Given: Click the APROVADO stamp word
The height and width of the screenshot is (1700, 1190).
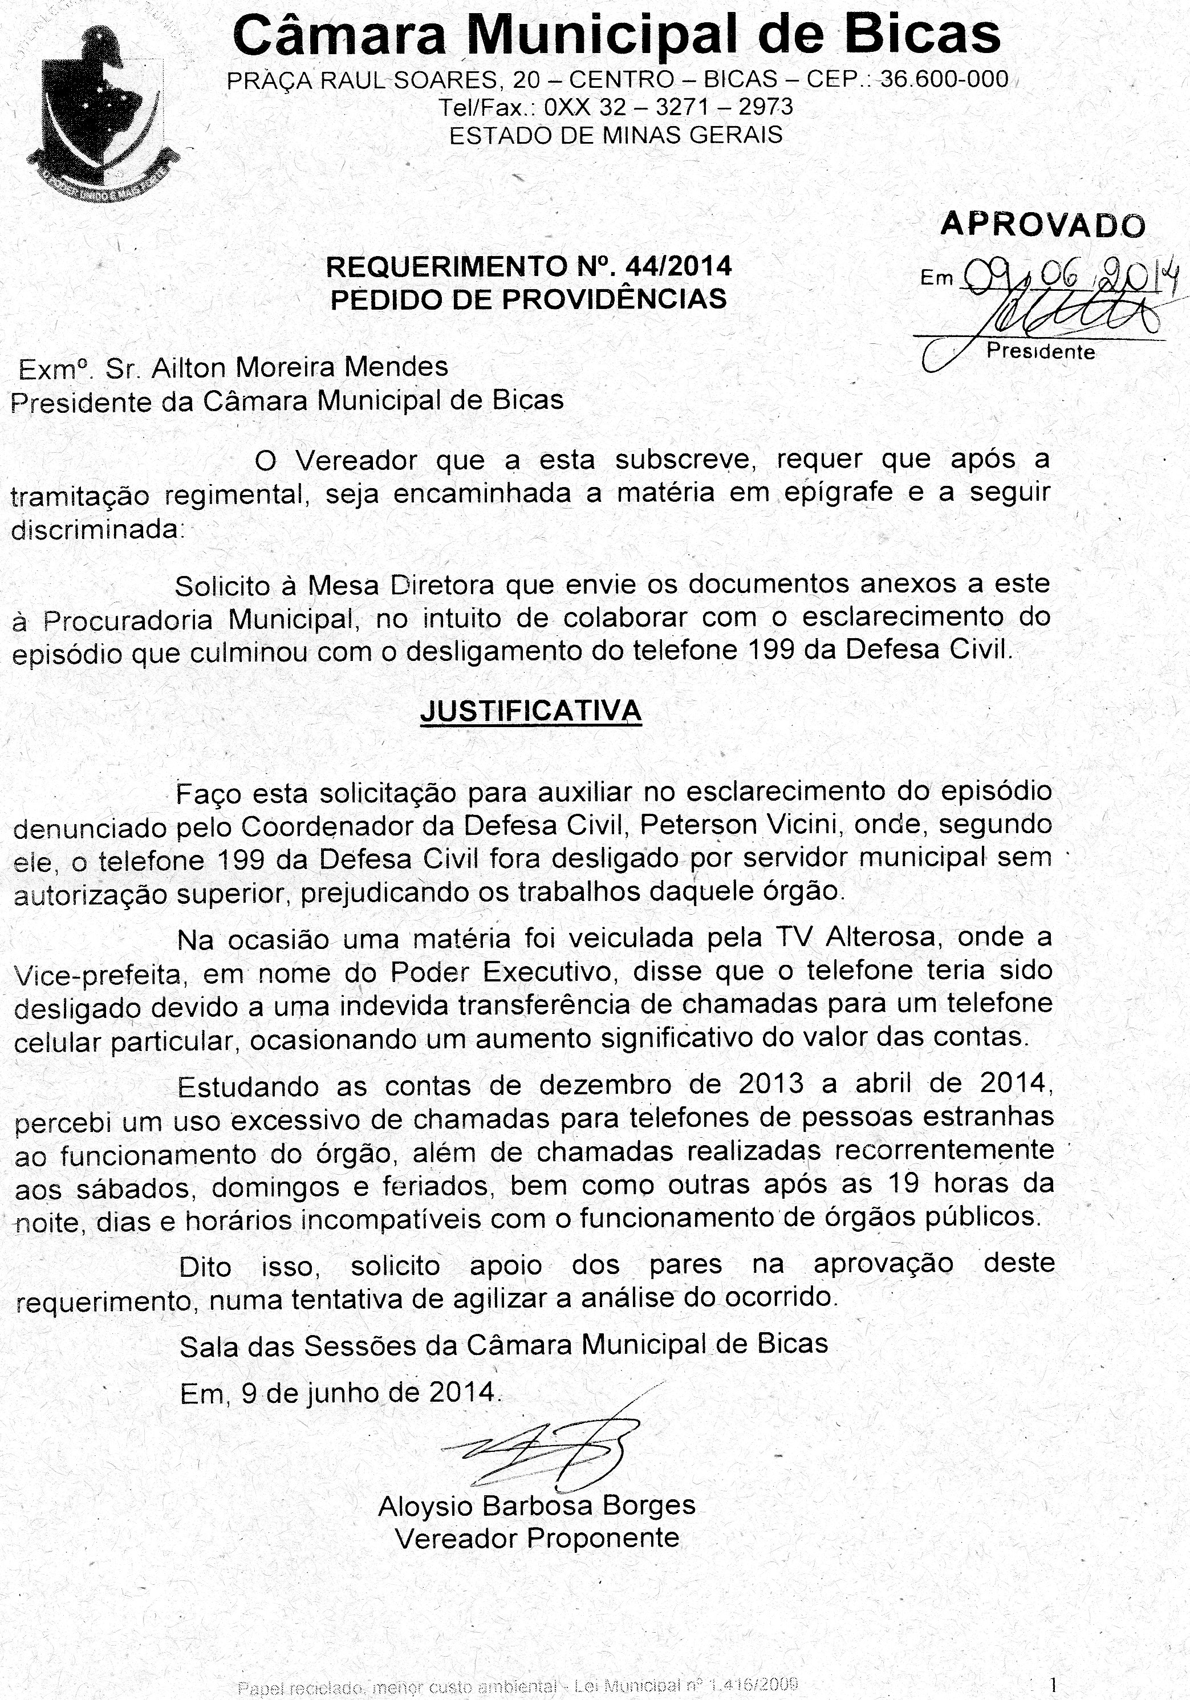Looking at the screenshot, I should tap(1043, 224).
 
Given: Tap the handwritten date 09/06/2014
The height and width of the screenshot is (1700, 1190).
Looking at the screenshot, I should tap(1066, 277).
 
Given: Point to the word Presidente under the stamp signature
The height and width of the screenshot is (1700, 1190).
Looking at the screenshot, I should tap(1041, 352).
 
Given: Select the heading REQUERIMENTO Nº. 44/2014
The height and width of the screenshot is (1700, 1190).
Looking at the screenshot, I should tap(529, 266).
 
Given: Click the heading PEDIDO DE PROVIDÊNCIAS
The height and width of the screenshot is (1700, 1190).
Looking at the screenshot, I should tap(529, 299).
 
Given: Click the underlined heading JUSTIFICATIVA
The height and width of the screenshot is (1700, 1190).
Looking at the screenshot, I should tap(530, 711).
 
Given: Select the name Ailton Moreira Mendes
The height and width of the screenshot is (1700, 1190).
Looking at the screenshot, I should tap(300, 367).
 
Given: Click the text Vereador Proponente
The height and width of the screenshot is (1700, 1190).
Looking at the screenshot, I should tap(537, 1539).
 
